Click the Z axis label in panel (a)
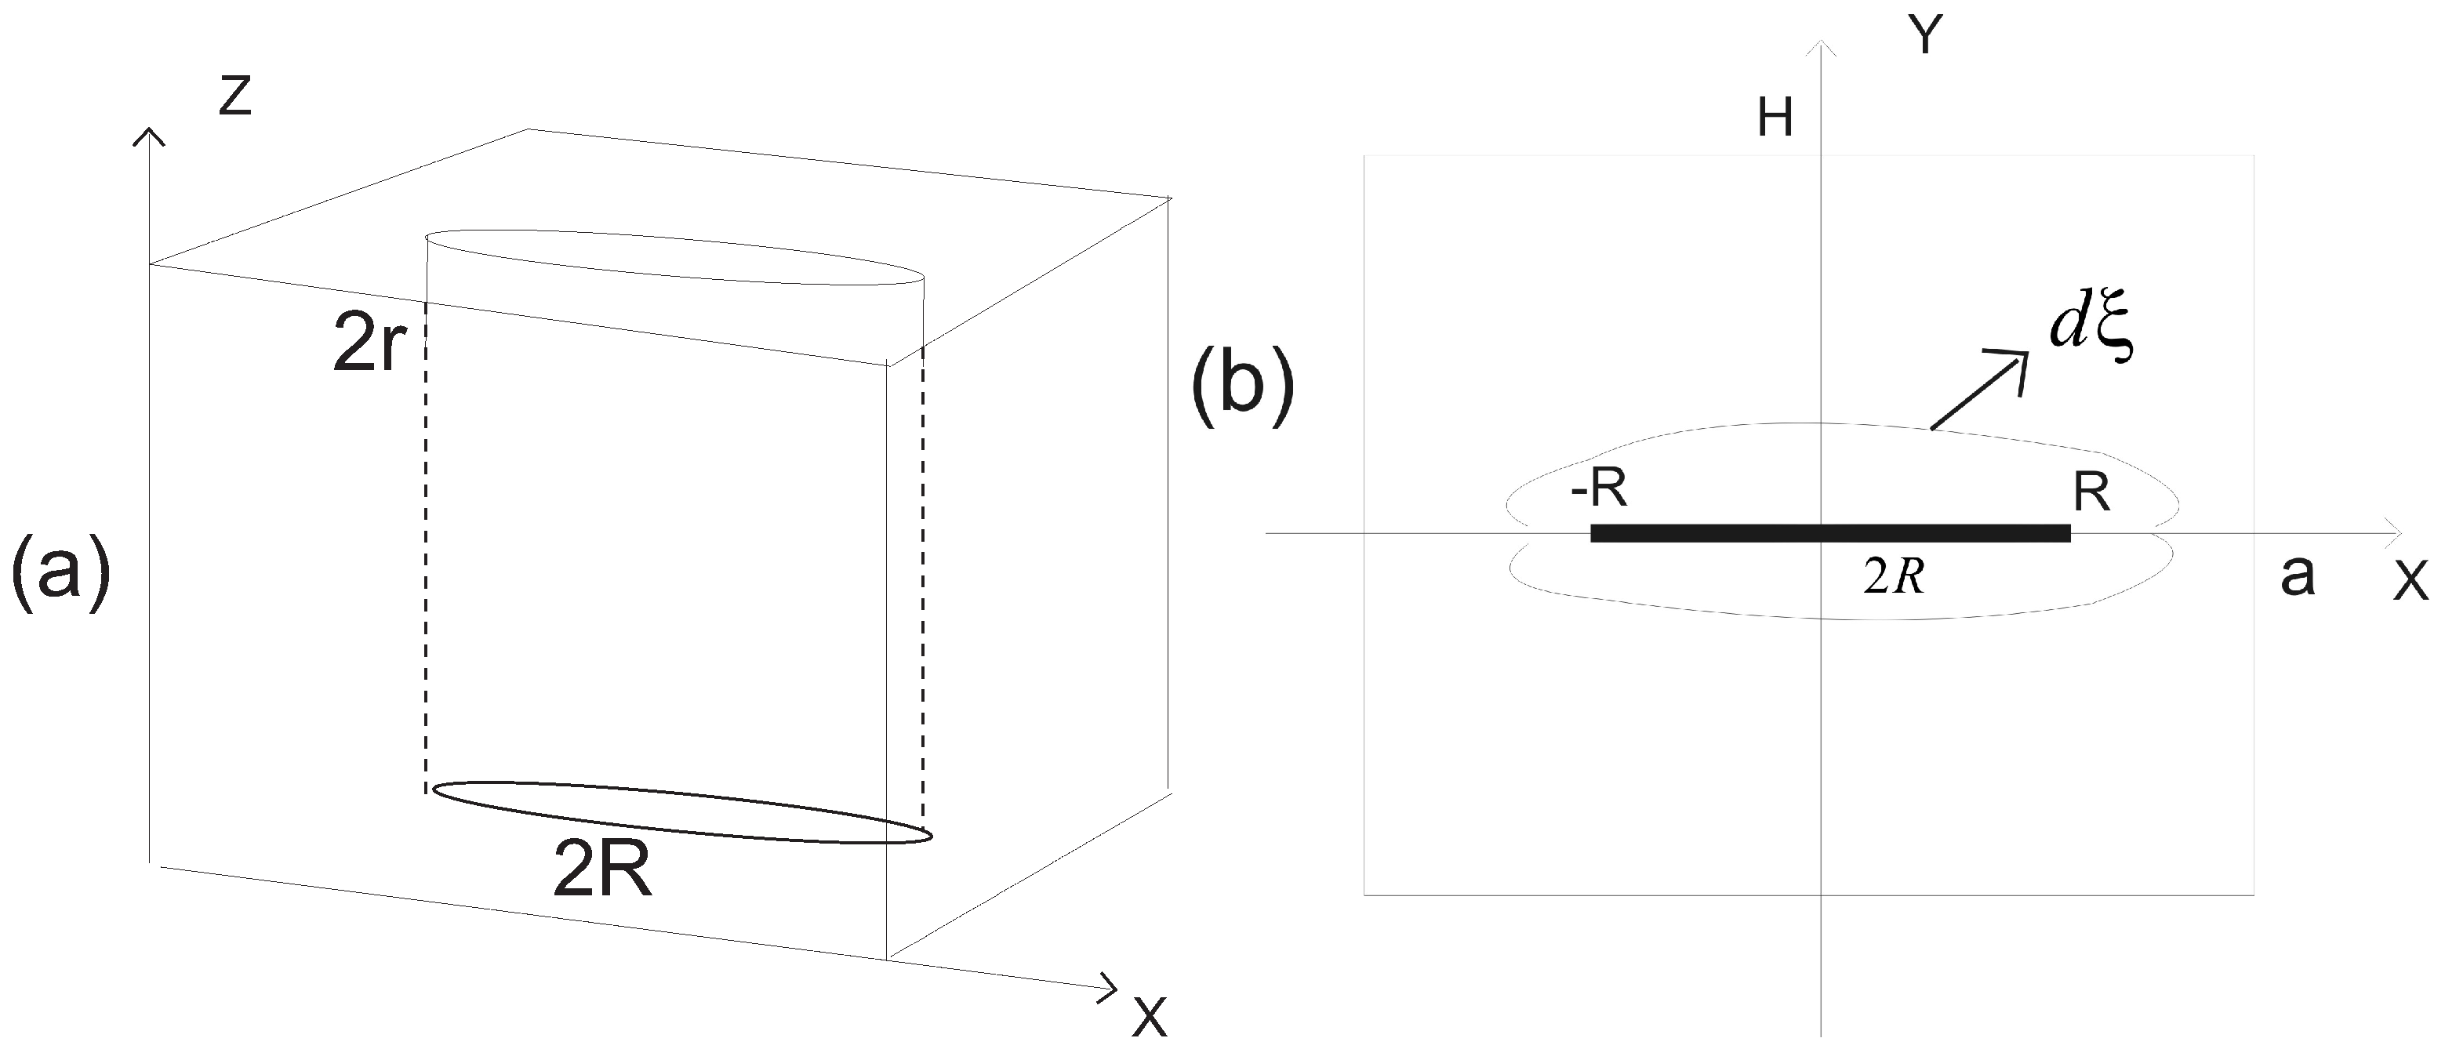click(x=234, y=97)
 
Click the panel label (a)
click(x=60, y=573)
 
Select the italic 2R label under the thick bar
click(x=1895, y=576)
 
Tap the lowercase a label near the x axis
click(x=2297, y=575)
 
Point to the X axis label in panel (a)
click(x=1150, y=1017)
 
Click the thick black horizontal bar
click(x=1830, y=532)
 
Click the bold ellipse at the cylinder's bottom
click(x=681, y=811)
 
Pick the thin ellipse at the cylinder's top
click(x=675, y=256)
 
